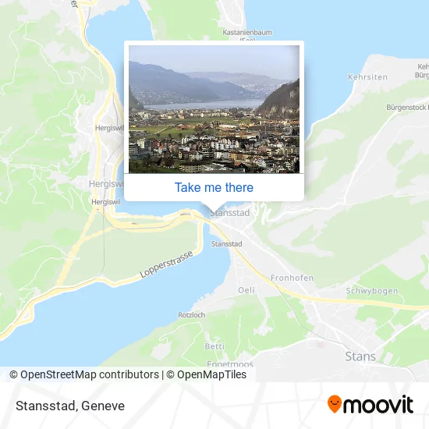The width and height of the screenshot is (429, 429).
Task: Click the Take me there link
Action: click(214, 187)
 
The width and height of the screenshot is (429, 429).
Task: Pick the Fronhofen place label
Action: click(291, 278)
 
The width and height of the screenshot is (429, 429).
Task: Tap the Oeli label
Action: click(246, 290)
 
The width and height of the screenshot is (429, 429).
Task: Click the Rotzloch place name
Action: click(191, 315)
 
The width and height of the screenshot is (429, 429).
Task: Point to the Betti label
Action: click(214, 346)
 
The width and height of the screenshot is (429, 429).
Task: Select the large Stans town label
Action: click(360, 356)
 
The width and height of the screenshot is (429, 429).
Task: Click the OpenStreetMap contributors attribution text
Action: click(89, 374)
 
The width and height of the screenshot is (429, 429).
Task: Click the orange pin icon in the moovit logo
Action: click(335, 404)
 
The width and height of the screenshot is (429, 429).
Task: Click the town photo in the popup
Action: click(214, 108)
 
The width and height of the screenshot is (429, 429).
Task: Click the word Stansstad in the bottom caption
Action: click(43, 406)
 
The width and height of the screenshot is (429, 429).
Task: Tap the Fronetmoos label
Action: click(229, 362)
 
